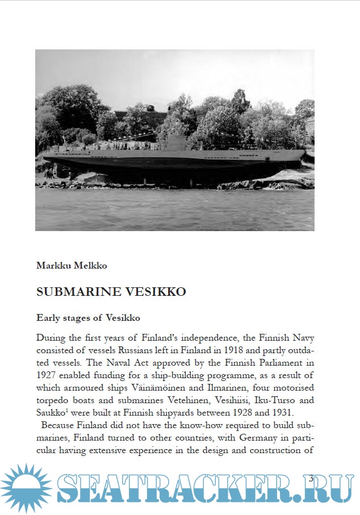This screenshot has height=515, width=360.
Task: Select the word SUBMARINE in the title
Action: [79, 292]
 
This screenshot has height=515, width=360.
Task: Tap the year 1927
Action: [47, 375]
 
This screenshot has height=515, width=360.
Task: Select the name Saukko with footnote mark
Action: [51, 413]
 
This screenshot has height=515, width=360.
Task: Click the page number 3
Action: [311, 478]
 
